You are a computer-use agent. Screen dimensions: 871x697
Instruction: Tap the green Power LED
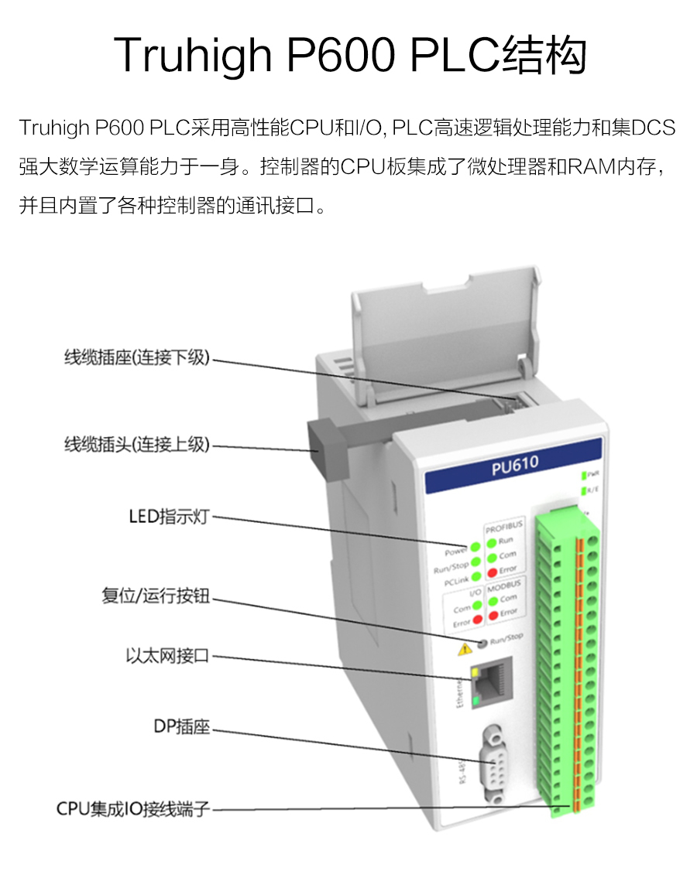click(x=476, y=547)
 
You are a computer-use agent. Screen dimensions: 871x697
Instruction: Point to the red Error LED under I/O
click(x=478, y=620)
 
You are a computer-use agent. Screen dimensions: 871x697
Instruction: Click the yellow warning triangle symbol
click(x=465, y=648)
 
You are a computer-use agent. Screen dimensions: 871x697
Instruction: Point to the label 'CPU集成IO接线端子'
click(x=133, y=809)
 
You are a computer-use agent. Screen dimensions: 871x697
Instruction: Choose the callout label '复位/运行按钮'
click(x=156, y=596)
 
